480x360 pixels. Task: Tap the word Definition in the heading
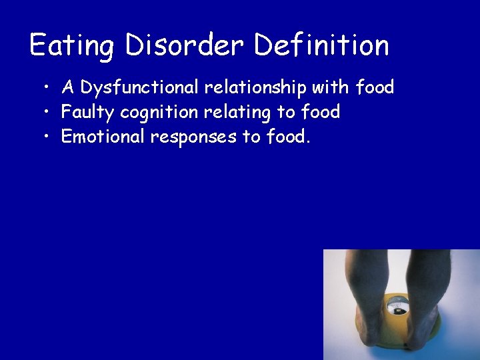(x=322, y=45)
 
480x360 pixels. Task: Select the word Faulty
(x=88, y=112)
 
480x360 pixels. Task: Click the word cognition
(x=161, y=112)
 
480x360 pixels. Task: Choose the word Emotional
(x=103, y=137)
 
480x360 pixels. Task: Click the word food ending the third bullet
(x=288, y=137)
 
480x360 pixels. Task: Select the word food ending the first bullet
(x=375, y=87)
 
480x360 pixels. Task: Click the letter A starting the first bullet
(x=67, y=87)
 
